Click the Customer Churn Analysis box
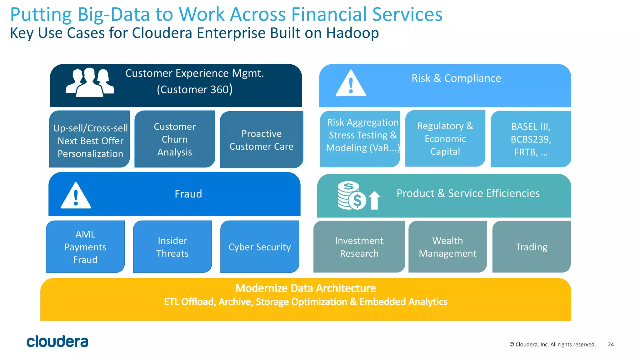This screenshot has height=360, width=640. tap(175, 139)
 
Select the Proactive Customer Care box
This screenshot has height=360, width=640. tap(261, 140)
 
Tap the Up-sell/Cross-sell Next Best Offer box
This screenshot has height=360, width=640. tap(90, 139)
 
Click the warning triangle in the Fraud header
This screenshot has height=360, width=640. tap(76, 196)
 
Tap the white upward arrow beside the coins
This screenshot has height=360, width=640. tap(374, 200)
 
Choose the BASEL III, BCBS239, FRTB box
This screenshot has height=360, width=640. tap(531, 139)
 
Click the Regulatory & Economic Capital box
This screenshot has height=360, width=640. tap(445, 138)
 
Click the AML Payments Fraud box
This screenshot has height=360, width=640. tap(85, 247)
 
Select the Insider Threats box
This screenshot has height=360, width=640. tap(172, 247)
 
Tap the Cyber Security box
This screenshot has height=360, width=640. tap(260, 247)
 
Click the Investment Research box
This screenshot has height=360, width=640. tap(359, 247)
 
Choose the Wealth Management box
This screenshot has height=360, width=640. tap(447, 247)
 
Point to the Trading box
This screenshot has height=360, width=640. tap(531, 247)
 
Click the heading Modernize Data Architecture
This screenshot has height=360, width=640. tap(306, 288)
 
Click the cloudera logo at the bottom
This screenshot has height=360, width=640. tap(57, 342)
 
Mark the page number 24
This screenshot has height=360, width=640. tap(611, 344)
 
